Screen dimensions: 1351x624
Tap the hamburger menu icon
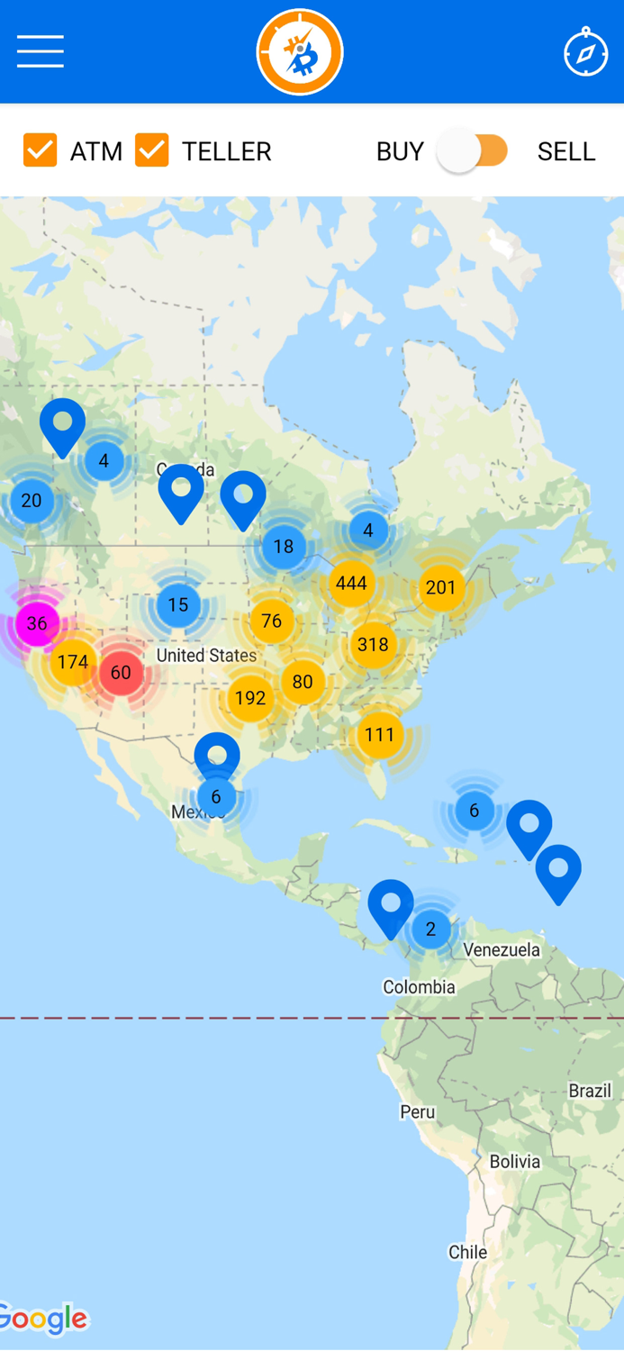click(41, 52)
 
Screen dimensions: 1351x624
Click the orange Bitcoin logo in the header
click(300, 52)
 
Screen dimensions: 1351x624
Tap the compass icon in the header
click(585, 52)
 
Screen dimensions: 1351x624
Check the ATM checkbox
click(41, 150)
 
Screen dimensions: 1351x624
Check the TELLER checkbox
click(152, 150)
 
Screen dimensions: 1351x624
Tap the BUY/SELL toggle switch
click(474, 150)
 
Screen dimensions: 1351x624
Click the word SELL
click(565, 151)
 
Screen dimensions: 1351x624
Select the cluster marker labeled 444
click(351, 584)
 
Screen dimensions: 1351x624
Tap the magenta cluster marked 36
click(37, 623)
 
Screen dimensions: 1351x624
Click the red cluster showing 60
click(121, 673)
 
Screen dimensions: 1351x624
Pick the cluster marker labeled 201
click(440, 587)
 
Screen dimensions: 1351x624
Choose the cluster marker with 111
click(379, 735)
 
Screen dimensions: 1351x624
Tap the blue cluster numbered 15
click(178, 604)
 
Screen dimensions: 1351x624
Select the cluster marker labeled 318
click(373, 645)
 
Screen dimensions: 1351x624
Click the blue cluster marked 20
click(32, 501)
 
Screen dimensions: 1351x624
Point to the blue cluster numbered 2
click(430, 929)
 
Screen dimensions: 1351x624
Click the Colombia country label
click(419, 987)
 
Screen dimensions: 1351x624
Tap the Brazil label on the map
click(590, 1091)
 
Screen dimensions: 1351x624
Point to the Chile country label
click(467, 1252)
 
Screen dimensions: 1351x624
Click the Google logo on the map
click(43, 1319)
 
